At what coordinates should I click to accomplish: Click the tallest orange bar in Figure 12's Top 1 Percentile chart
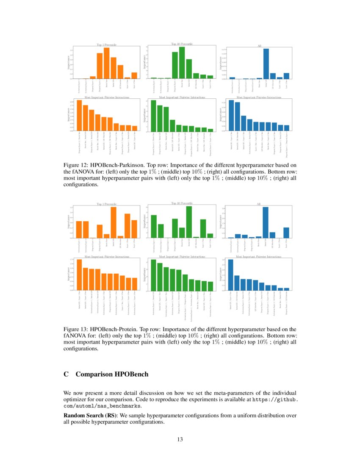tap(107, 63)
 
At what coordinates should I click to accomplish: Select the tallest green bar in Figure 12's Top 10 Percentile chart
tap(182, 63)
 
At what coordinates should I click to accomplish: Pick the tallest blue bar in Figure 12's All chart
tap(266, 64)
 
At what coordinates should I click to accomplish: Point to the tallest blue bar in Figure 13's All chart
tap(266, 222)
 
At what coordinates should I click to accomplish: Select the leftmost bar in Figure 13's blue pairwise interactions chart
tap(231, 275)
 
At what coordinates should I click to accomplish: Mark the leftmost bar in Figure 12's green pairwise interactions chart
tap(154, 115)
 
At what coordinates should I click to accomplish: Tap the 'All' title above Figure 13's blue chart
tap(259, 204)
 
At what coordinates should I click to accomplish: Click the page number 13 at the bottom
tap(180, 439)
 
